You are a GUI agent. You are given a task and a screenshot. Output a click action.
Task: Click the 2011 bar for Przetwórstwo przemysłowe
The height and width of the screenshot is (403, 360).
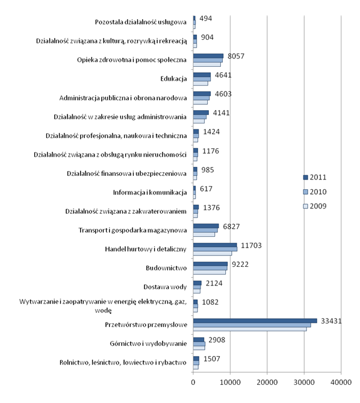(255, 320)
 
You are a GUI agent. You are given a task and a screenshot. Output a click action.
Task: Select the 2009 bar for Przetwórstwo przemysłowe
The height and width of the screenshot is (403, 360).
(250, 330)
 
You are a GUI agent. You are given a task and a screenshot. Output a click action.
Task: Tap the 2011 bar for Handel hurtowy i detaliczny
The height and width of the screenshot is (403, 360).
(215, 245)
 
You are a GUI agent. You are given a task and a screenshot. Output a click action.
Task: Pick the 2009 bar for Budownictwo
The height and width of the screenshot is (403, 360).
(209, 272)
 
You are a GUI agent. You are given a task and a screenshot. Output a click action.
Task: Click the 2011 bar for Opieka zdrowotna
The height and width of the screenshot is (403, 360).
(208, 56)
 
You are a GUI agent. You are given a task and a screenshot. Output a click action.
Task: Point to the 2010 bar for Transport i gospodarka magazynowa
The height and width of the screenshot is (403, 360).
(205, 230)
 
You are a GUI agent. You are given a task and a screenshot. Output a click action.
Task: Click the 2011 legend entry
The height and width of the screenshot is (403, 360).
(315, 177)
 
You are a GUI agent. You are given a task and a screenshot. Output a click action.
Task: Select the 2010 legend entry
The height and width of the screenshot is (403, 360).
(315, 192)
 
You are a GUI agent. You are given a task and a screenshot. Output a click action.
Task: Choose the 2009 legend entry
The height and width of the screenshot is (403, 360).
(315, 206)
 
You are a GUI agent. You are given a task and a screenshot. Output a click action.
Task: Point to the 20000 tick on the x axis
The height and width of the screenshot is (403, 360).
(267, 382)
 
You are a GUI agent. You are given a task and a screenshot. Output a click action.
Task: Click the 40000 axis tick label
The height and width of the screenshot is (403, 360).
(341, 382)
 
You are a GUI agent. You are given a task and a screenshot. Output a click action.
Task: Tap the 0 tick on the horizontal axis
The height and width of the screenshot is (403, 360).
(193, 382)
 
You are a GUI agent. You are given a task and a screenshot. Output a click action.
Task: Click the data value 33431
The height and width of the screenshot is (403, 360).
(331, 321)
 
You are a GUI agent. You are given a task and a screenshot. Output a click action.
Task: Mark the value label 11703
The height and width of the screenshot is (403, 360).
(251, 245)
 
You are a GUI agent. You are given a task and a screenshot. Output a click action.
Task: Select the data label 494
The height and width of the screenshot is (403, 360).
(206, 19)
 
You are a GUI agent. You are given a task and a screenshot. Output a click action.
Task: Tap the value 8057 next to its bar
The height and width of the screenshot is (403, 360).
(236, 56)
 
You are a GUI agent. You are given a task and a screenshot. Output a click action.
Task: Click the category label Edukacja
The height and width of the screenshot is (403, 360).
(173, 79)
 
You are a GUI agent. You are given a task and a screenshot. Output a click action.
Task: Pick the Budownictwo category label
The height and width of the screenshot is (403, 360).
(166, 268)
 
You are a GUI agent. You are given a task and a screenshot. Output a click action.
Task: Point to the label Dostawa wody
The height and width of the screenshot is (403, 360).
(165, 287)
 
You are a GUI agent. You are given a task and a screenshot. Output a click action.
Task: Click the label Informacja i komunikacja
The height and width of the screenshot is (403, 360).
(150, 193)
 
